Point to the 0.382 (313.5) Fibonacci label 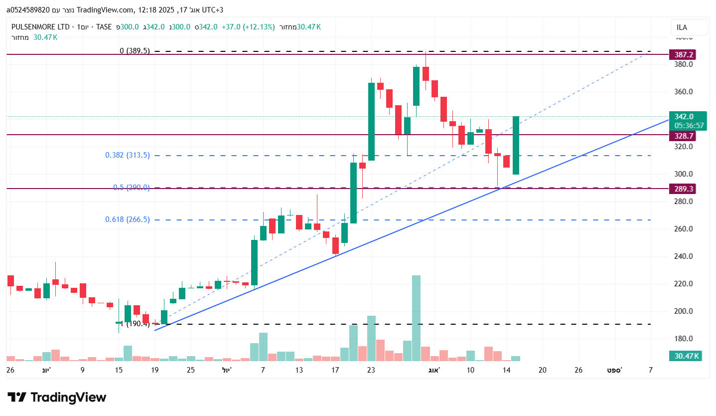click(127, 155)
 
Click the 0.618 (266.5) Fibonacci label click(127, 219)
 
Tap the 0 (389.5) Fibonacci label click(135, 51)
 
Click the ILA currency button click(689, 27)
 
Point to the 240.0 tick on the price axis click(684, 256)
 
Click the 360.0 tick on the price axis click(684, 92)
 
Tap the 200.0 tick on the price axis click(684, 311)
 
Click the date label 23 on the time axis click(371, 370)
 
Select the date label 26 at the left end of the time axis click(10, 370)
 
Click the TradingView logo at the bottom click(57, 398)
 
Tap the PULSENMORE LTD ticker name click(40, 27)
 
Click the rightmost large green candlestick click(516, 145)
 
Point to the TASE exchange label click(104, 27)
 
